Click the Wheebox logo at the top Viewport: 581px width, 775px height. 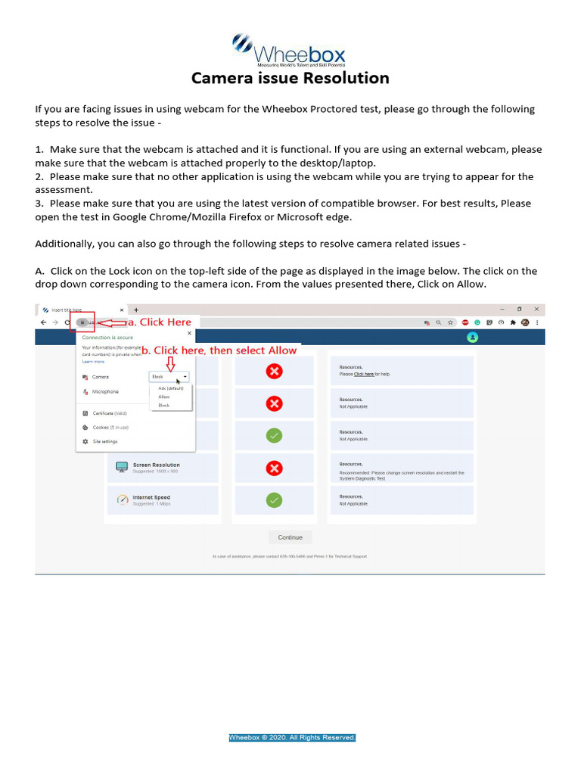coord(288,51)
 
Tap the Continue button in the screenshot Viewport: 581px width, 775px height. coord(290,537)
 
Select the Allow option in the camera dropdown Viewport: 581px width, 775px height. coord(164,397)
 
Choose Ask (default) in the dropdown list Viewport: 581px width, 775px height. coord(171,388)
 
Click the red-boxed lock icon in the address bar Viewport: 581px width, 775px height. coord(82,322)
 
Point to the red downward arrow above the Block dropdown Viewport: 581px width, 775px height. coord(170,363)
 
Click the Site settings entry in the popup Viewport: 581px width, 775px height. coord(104,441)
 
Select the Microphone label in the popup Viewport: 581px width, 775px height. coord(105,391)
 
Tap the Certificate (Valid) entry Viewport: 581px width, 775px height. coord(110,413)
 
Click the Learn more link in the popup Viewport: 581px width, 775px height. coord(93,362)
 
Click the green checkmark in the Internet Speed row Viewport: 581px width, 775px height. coord(275,500)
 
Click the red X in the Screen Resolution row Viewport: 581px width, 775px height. coord(275,468)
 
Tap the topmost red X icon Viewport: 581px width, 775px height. coord(275,371)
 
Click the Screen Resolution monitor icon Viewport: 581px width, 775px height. coord(122,467)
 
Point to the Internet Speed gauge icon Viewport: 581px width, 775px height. coord(122,500)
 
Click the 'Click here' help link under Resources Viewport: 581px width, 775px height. coord(364,374)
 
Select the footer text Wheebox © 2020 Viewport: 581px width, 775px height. coord(292,737)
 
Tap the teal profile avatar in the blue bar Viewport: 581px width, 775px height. coord(473,337)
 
